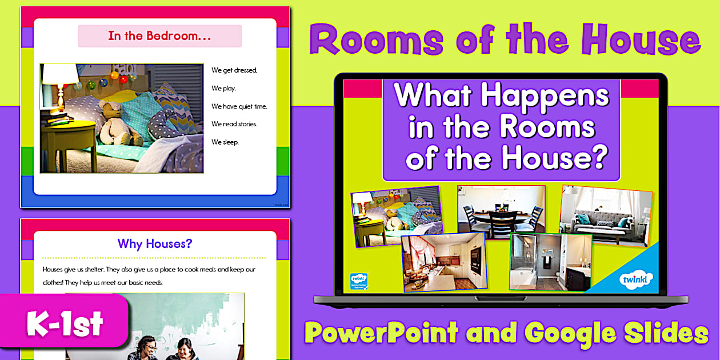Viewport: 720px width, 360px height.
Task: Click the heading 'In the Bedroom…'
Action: point(159,36)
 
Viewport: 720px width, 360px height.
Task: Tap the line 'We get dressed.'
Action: point(234,70)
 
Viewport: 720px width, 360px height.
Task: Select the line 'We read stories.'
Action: point(234,124)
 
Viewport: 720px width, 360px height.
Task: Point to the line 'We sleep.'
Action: point(225,142)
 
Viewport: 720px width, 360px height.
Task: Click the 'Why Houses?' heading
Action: point(155,243)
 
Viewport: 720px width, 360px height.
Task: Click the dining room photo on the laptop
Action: point(501,209)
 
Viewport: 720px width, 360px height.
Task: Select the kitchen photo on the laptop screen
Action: point(443,262)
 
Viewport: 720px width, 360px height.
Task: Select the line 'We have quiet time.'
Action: point(239,106)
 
